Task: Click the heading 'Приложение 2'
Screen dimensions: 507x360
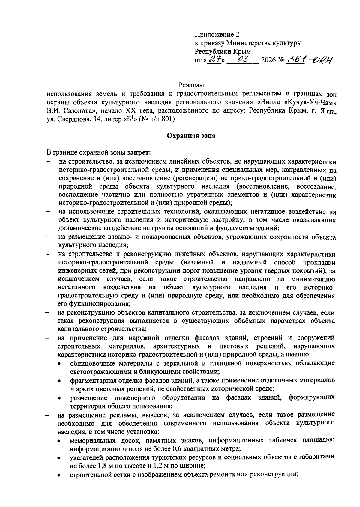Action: pyautogui.click(x=217, y=34)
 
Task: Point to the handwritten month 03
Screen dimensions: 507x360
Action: pyautogui.click(x=242, y=60)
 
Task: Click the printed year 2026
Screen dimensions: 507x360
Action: pyautogui.click(x=269, y=61)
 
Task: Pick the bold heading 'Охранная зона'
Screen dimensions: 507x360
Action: pyautogui.click(x=191, y=136)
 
